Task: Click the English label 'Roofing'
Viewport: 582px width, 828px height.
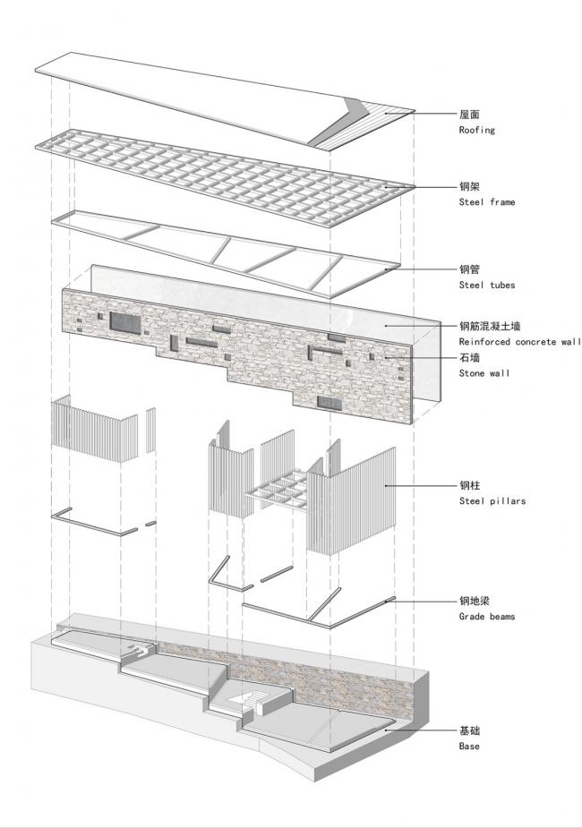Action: [x=476, y=130]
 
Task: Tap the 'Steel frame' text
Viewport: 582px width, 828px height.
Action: [x=486, y=202]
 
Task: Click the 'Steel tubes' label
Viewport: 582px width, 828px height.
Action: [x=486, y=285]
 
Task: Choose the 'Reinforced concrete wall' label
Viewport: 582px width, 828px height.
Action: [x=519, y=342]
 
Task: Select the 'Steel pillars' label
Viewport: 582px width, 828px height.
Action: [x=492, y=501]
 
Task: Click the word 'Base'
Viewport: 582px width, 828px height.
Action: [x=469, y=746]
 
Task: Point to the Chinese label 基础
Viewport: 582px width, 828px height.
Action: [x=470, y=730]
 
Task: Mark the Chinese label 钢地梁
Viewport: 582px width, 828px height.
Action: [x=475, y=602]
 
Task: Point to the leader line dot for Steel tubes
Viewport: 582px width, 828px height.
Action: [x=387, y=269]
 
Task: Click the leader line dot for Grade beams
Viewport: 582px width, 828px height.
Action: [x=387, y=602]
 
